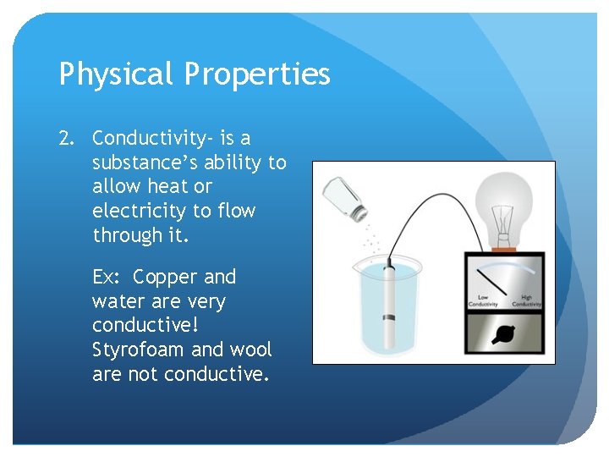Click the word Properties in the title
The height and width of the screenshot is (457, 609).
point(257,75)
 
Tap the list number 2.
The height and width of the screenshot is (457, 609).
point(67,138)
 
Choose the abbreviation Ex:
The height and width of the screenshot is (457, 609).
point(108,278)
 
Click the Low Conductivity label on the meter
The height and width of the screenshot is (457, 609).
point(483,300)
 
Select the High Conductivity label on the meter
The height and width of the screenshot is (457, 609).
point(526,300)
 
